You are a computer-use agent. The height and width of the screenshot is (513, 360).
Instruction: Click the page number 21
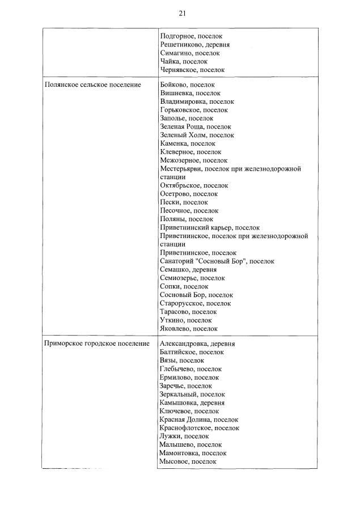(x=181, y=13)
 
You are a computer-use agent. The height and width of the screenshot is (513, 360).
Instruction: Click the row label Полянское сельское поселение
(x=92, y=85)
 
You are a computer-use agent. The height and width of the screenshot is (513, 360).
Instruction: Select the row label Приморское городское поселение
(x=96, y=344)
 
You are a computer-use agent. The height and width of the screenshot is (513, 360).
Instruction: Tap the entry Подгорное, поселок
(x=191, y=36)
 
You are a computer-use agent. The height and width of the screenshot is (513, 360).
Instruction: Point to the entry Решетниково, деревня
(x=194, y=45)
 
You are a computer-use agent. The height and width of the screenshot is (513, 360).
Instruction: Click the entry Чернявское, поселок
(x=192, y=70)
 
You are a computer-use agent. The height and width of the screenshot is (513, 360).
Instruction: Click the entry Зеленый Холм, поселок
(x=197, y=135)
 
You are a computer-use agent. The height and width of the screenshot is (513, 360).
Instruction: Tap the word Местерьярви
(x=181, y=169)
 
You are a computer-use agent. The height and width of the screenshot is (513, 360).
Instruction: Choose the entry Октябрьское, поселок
(x=194, y=185)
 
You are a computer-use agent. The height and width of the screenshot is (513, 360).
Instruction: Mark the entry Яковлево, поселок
(x=189, y=328)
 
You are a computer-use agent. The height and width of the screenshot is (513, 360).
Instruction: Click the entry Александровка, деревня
(x=197, y=344)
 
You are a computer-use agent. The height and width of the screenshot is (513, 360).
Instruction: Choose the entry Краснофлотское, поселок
(x=199, y=428)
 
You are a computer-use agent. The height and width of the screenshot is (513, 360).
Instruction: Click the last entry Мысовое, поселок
(x=188, y=461)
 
